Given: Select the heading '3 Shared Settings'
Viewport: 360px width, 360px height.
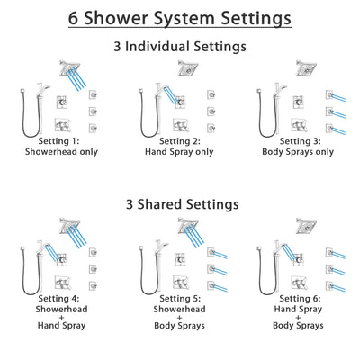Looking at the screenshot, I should (x=179, y=203).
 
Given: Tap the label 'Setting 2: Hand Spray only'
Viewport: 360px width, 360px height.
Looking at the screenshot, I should (x=180, y=148).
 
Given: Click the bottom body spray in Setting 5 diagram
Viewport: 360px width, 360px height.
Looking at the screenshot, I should (x=210, y=287).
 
